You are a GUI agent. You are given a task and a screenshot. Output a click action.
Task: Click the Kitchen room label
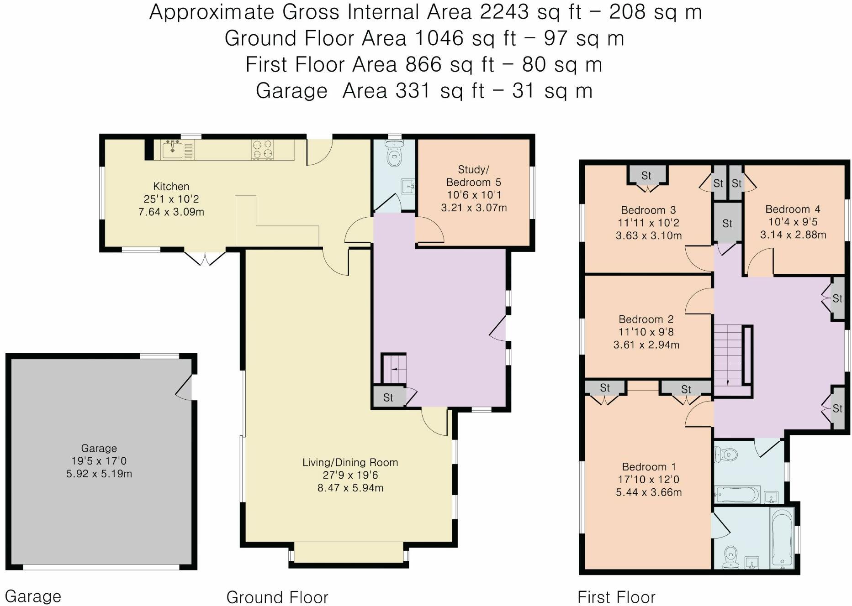point(171,186)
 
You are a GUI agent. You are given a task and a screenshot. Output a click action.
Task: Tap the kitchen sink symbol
point(173,149)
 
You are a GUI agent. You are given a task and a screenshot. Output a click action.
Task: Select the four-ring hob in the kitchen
point(262,149)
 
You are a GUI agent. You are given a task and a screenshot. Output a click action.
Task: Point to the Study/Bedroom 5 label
point(473,176)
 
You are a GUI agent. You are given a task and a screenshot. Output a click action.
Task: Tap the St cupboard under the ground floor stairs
point(388,397)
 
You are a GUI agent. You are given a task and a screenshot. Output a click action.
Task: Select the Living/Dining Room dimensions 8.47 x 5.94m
point(350,488)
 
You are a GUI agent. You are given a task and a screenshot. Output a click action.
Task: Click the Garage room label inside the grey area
point(99,448)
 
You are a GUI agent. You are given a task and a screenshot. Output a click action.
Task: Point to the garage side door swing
point(185,388)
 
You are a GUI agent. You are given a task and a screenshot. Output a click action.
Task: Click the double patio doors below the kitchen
point(205,257)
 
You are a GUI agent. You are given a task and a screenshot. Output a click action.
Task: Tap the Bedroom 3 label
point(648,210)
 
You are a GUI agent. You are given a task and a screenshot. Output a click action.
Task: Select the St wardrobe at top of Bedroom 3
point(646,175)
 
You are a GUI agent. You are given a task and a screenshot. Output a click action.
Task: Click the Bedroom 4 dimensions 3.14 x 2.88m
point(793,235)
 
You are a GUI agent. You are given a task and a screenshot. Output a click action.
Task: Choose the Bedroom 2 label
point(646,319)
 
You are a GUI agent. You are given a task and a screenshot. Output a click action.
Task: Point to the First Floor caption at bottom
point(616,597)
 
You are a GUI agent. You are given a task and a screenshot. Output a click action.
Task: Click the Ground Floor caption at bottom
point(277,597)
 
